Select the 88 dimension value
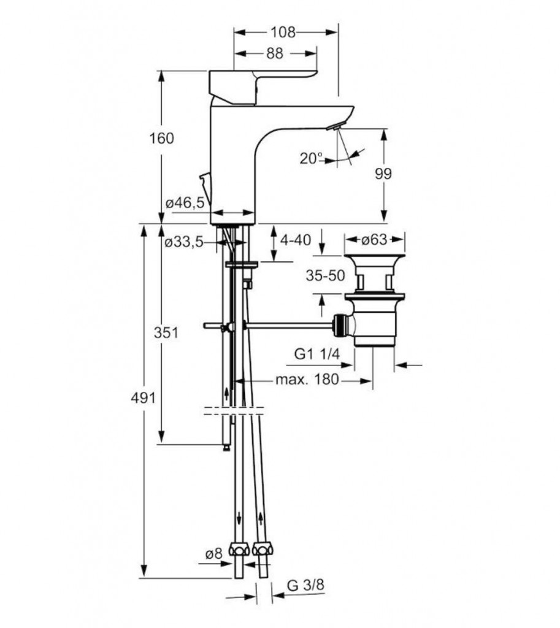(x=275, y=54)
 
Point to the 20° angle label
(x=311, y=158)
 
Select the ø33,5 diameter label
(x=184, y=242)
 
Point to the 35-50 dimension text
(x=325, y=275)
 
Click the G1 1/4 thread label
(x=316, y=353)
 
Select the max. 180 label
(x=306, y=380)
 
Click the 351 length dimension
(x=166, y=333)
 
